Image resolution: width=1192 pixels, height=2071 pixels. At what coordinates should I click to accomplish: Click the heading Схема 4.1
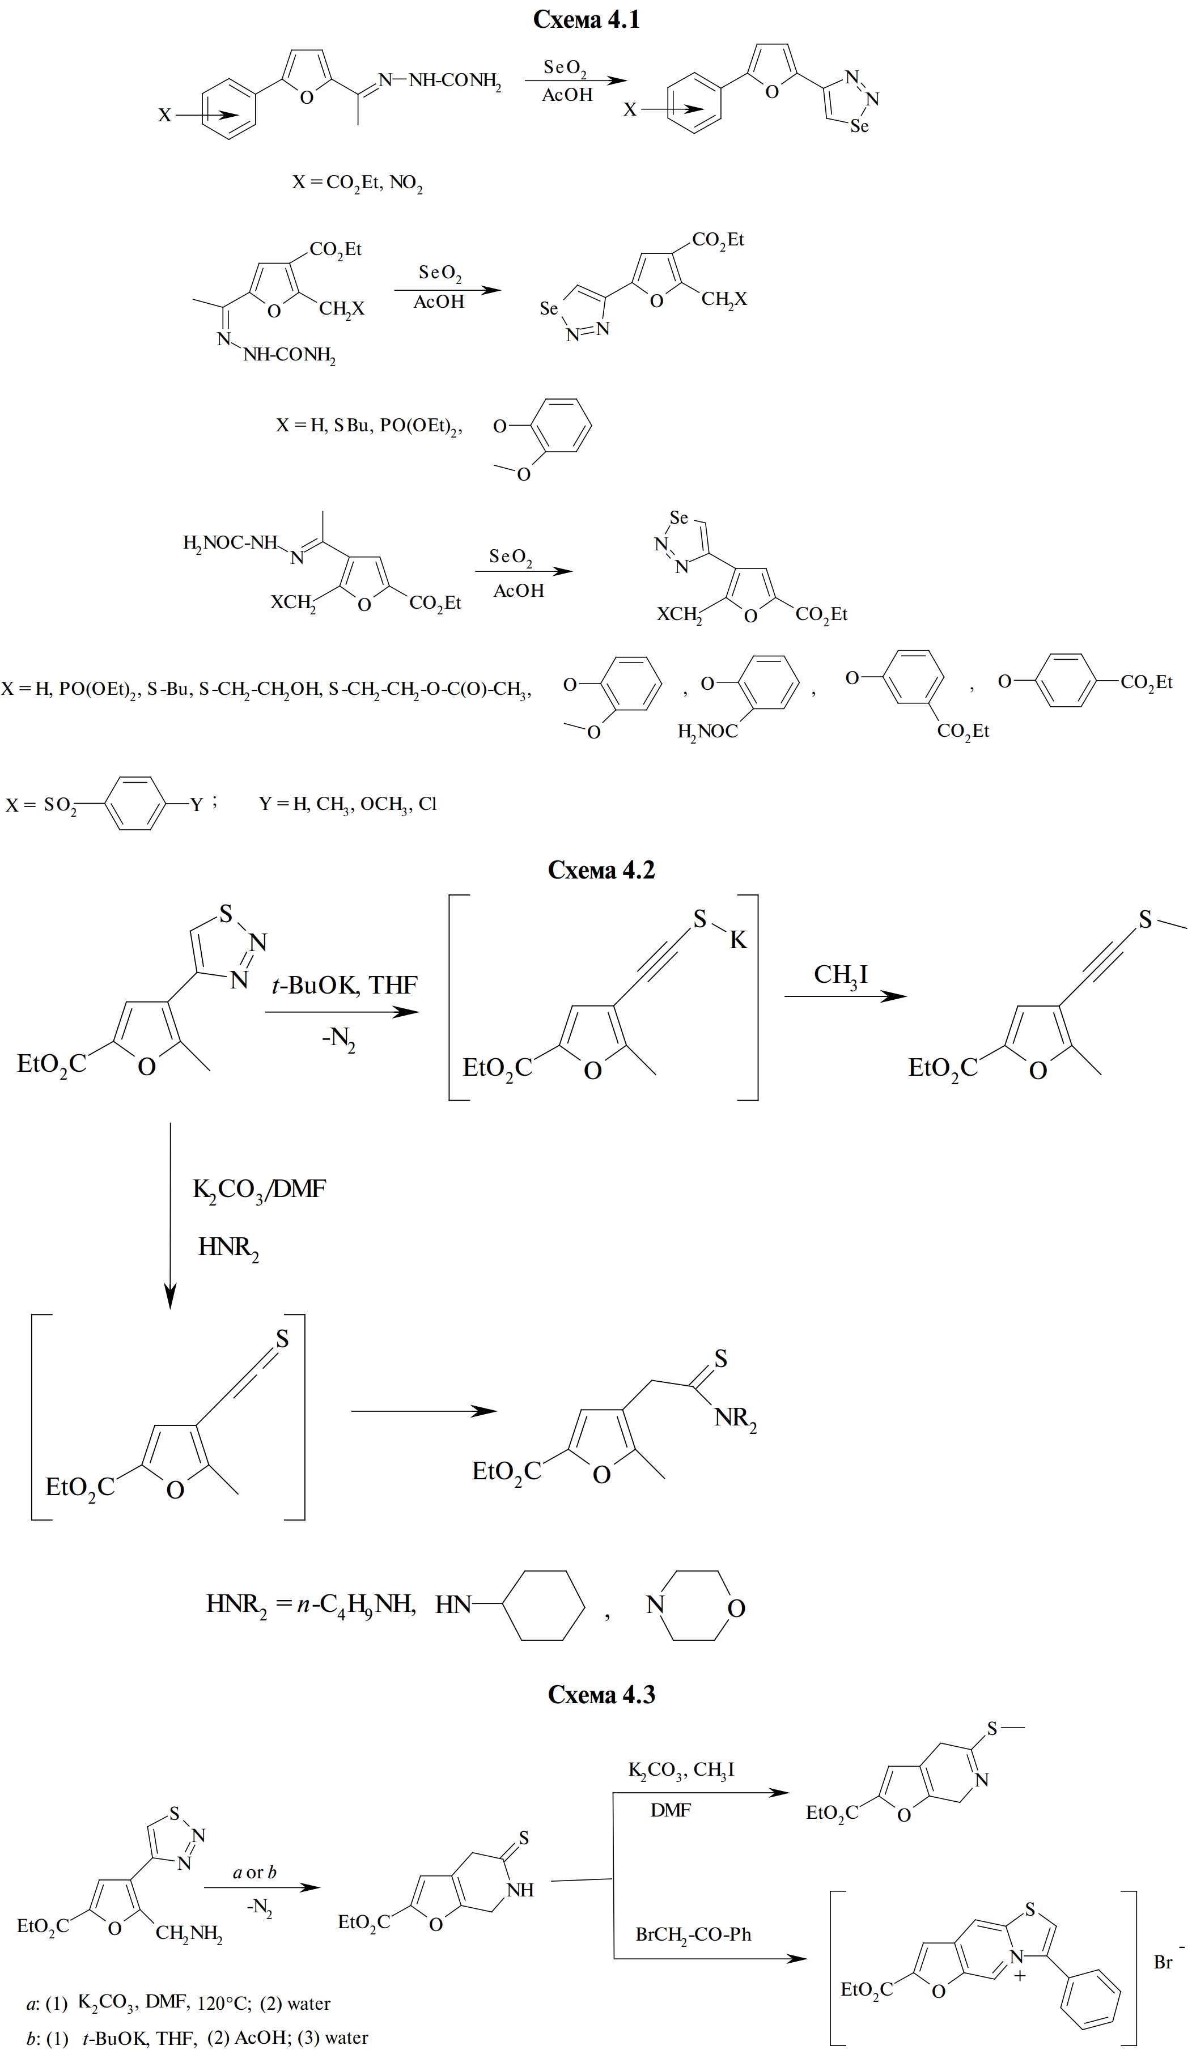586,20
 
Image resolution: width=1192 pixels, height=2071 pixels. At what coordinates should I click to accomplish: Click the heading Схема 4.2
601,869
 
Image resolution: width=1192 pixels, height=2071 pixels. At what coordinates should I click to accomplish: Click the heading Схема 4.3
601,1695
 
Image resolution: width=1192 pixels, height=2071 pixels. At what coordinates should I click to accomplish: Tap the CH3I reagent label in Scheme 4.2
840,975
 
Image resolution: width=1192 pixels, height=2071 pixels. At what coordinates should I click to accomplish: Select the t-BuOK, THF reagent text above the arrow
344,984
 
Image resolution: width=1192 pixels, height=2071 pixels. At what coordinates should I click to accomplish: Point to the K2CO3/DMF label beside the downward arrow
258,1189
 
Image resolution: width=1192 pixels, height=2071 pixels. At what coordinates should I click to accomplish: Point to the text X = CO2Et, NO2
358,184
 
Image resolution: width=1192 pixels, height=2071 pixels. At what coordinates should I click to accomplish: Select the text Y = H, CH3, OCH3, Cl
348,804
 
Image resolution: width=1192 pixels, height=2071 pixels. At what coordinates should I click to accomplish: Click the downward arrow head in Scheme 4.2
169,1296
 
